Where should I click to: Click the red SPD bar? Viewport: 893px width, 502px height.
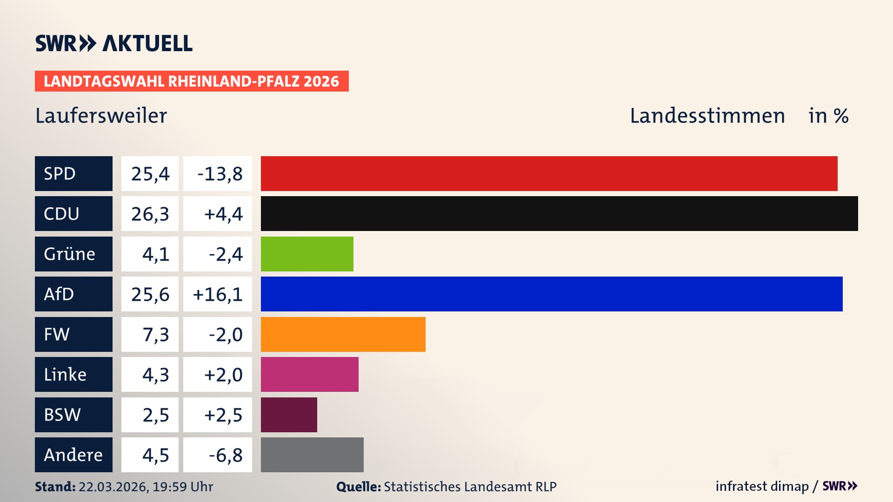pos(549,173)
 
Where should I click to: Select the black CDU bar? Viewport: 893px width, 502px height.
pos(559,213)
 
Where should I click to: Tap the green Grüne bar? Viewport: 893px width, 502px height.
pos(307,254)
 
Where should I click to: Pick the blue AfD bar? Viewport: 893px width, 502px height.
pos(552,294)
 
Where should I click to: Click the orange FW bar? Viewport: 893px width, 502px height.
pos(343,334)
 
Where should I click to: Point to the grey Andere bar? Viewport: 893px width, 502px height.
pos(312,455)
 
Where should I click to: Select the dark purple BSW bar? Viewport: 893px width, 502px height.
pos(289,415)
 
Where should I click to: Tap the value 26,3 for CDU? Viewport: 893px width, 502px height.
pos(150,214)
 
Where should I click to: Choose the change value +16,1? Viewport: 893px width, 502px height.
pos(218,294)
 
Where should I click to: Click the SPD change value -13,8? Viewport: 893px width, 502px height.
pos(220,174)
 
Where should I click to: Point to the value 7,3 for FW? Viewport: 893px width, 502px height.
pos(155,335)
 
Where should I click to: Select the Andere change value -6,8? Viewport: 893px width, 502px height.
pos(225,455)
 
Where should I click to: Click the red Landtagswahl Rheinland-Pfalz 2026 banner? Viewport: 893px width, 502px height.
pos(192,81)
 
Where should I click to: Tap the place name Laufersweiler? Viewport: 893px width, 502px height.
pos(101,116)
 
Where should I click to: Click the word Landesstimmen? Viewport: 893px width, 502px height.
pos(707,116)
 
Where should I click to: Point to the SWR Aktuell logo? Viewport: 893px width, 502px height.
pos(113,43)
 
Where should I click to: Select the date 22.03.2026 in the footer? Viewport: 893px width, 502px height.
pos(113,487)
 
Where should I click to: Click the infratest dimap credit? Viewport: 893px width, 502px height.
pos(762,486)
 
